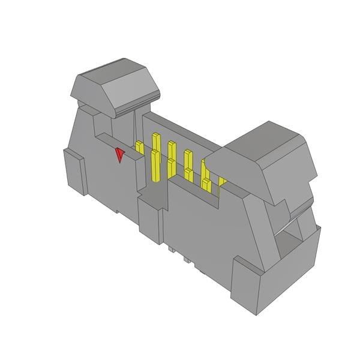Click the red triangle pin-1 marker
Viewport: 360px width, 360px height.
(x=120, y=155)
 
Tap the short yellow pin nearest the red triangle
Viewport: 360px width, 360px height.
(x=139, y=148)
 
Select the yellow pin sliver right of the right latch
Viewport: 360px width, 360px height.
(x=223, y=181)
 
